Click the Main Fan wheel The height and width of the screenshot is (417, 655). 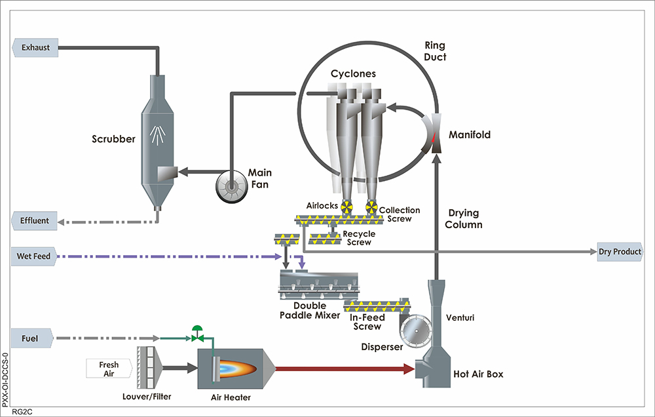tap(231, 188)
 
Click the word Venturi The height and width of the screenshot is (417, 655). tap(459, 318)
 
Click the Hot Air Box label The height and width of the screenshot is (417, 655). tap(479, 374)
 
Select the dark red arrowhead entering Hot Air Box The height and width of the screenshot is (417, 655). tap(409, 369)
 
